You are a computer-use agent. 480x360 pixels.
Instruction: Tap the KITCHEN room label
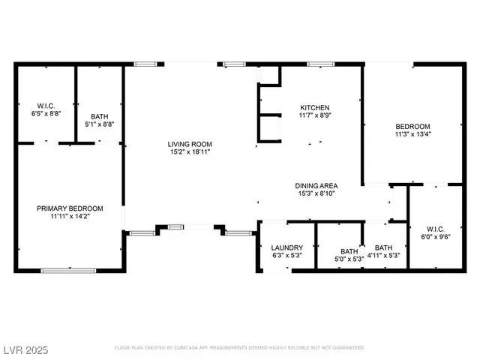(315, 107)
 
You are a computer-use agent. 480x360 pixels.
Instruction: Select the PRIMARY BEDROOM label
(70, 208)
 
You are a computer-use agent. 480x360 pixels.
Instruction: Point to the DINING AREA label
(316, 185)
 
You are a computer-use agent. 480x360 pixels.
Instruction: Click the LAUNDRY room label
(287, 247)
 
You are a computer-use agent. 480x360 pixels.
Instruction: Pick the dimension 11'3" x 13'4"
(413, 134)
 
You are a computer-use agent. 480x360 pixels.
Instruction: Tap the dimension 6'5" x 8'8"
(46, 113)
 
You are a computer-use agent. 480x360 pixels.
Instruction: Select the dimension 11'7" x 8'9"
(315, 115)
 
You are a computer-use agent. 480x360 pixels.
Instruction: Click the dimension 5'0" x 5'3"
(349, 259)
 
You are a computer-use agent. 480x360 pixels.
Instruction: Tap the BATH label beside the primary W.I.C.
(99, 116)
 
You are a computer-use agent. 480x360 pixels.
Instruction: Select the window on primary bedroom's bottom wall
(68, 270)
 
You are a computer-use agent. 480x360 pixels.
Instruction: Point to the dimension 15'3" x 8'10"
(316, 193)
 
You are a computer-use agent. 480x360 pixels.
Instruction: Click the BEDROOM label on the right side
(413, 126)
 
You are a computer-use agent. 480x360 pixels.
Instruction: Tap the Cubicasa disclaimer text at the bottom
(239, 348)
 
